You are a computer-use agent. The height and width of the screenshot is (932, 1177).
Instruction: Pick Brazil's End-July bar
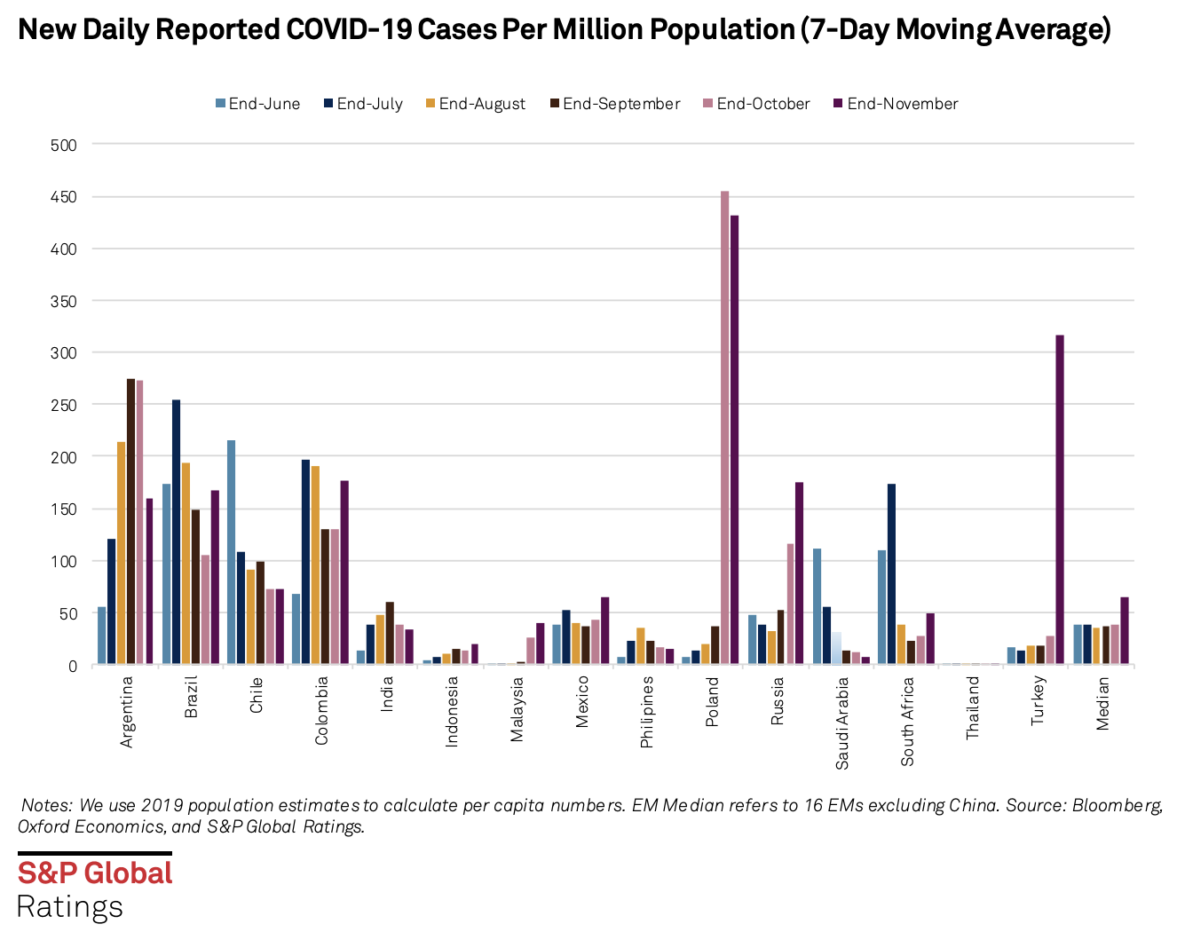[x=177, y=532]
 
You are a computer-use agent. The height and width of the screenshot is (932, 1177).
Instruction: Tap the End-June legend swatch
[x=220, y=104]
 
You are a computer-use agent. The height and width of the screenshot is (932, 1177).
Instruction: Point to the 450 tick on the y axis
[x=64, y=197]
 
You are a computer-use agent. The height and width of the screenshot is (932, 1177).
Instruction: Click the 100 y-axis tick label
[x=64, y=562]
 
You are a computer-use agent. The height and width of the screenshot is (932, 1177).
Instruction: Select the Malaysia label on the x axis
[x=517, y=708]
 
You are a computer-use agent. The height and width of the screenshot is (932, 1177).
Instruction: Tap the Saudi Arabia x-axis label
[x=842, y=723]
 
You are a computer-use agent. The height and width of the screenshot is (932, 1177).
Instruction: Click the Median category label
[x=1102, y=703]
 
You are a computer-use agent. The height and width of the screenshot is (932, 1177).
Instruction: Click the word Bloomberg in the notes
[x=1117, y=806]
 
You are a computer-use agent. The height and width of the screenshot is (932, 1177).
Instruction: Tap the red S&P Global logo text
[x=95, y=873]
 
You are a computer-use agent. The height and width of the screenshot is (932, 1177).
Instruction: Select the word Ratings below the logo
[x=70, y=907]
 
